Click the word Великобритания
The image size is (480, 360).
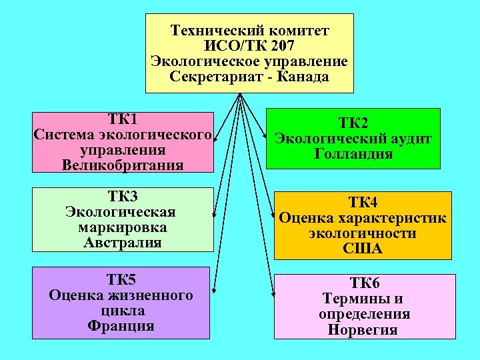pyautogui.click(x=123, y=165)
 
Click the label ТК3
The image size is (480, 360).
pyautogui.click(x=123, y=197)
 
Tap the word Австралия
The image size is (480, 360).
pyautogui.click(x=123, y=243)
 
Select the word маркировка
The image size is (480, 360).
pyautogui.click(x=123, y=227)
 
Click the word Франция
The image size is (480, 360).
pyautogui.click(x=121, y=326)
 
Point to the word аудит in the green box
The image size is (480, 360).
pyautogui.click(x=409, y=139)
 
